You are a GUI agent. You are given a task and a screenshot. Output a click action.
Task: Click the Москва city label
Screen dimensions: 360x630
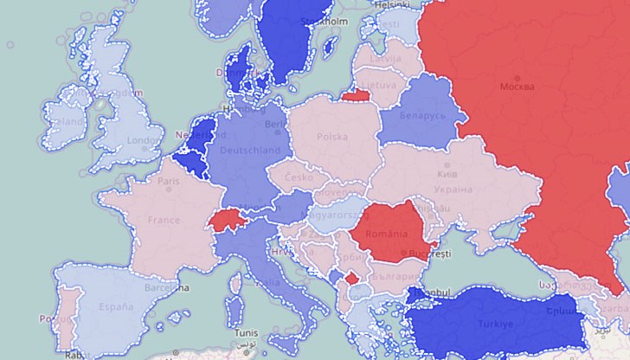517,87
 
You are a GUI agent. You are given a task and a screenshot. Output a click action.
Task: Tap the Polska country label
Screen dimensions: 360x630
331,137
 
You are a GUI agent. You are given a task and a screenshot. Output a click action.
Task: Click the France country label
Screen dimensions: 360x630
164,220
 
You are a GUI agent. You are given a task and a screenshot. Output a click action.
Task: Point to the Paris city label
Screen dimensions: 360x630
168,182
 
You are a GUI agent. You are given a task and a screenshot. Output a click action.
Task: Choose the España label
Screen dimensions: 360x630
115,306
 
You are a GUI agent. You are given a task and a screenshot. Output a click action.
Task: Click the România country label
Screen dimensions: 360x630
386,235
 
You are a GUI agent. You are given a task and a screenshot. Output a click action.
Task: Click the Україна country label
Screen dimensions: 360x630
453,189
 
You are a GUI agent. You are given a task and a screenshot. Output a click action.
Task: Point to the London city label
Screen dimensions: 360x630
139,140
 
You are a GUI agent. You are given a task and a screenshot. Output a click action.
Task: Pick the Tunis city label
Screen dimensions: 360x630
247,333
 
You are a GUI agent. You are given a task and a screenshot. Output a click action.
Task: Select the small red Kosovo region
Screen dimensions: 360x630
350,278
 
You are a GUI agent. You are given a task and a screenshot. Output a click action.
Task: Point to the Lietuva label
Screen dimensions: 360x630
378,85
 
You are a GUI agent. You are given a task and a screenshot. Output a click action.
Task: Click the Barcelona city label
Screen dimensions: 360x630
168,288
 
